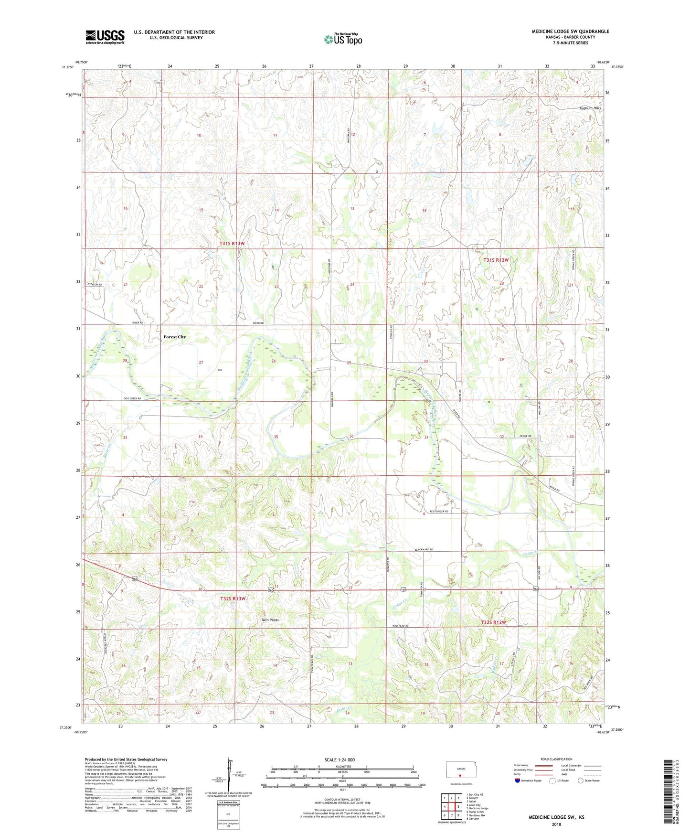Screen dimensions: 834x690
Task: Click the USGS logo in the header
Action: click(x=105, y=36)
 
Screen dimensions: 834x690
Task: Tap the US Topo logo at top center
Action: click(x=343, y=39)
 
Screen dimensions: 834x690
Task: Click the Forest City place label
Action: click(x=174, y=337)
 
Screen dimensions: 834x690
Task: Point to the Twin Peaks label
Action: click(x=270, y=620)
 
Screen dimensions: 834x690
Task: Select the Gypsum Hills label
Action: click(x=590, y=108)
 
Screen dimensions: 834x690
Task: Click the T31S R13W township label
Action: click(x=232, y=244)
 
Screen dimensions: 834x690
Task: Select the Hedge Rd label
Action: click(x=525, y=436)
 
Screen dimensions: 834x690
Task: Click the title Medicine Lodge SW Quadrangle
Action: click(x=570, y=32)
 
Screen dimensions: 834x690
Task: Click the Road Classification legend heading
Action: click(x=556, y=759)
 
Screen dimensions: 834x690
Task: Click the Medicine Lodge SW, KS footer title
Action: click(x=556, y=817)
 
